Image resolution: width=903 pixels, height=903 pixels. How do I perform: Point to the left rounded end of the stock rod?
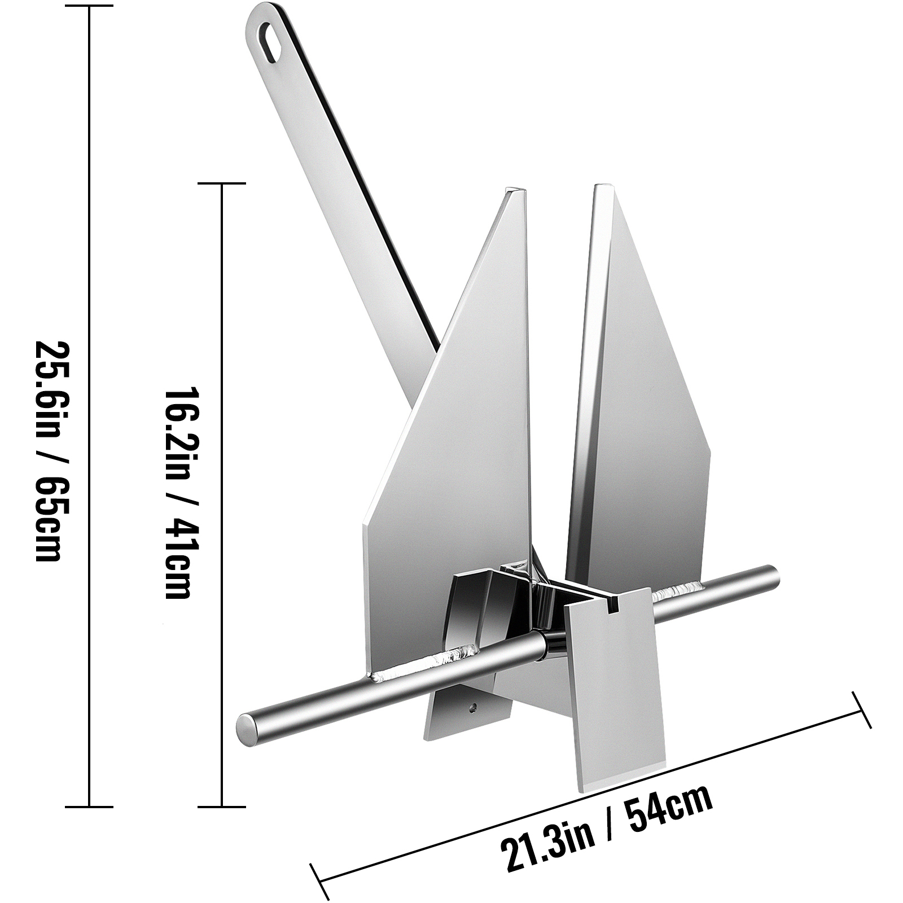pyautogui.click(x=247, y=729)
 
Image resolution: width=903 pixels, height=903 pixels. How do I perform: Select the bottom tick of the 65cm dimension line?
pyautogui.click(x=89, y=806)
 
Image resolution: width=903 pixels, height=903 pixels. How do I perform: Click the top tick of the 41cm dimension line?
pyautogui.click(x=222, y=183)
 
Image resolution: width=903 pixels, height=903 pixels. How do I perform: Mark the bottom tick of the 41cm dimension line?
pyautogui.click(x=222, y=806)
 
